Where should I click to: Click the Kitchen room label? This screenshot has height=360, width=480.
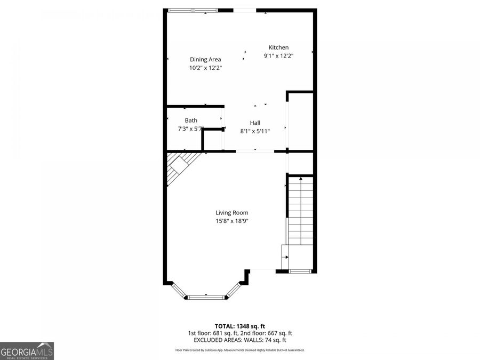[278, 47]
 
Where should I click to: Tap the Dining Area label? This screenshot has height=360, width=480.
[205, 60]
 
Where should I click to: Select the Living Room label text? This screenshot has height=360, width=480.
[232, 213]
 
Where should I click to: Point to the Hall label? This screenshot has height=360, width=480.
[255, 123]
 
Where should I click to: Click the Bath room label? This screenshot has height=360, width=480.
[191, 121]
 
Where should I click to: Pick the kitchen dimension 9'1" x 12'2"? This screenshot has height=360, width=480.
[278, 55]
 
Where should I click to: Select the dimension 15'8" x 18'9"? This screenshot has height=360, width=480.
[232, 221]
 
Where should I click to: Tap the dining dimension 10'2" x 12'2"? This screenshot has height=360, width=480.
[205, 68]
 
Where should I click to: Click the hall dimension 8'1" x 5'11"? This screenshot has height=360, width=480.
[255, 131]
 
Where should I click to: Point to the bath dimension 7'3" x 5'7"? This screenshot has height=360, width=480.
[191, 129]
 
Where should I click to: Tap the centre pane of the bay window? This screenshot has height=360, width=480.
[205, 295]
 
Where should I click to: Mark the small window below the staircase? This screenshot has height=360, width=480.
[300, 271]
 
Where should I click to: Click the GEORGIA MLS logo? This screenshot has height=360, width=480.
[27, 351]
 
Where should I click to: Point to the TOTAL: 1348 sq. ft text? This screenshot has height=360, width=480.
[239, 326]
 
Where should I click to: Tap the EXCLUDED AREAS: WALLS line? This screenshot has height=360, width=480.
[239, 340]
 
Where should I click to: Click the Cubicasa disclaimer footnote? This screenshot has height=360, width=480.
[239, 350]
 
